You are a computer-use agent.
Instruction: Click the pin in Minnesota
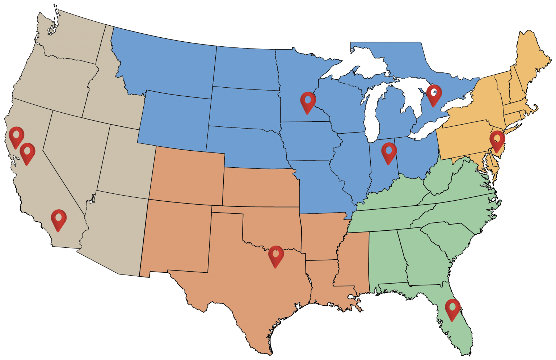click(308, 102)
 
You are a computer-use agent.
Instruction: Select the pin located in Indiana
click(389, 152)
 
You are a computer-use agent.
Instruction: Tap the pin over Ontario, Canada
click(434, 95)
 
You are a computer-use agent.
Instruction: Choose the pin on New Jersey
click(497, 141)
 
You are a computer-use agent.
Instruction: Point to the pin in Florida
click(452, 309)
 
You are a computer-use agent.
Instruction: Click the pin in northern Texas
click(276, 256)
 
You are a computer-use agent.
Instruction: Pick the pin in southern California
click(59, 219)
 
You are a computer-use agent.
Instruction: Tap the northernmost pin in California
click(16, 137)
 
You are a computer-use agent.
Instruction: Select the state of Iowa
click(308, 141)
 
